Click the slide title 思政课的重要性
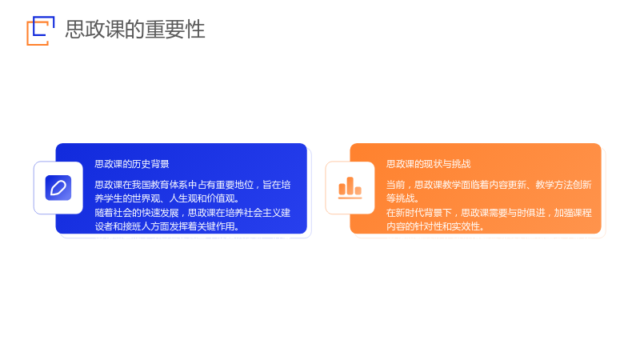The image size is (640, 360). (135, 30)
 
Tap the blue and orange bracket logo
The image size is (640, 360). (41, 30)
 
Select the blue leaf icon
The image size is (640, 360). (58, 188)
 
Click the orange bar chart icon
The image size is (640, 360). (350, 188)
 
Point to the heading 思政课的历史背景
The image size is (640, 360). (132, 164)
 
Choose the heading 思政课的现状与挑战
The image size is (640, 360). (429, 164)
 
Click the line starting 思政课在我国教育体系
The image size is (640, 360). (193, 185)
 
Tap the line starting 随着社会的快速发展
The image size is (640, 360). (193, 213)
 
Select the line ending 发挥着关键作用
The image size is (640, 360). (167, 226)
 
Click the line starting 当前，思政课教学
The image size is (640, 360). (489, 185)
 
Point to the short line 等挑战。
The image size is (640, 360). (403, 198)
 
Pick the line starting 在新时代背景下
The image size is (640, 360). (489, 213)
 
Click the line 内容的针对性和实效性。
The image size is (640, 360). (435, 226)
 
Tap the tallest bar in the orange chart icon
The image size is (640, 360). (350, 186)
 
